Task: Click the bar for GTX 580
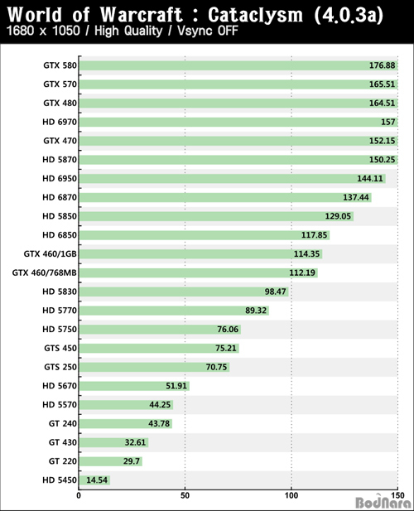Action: pyautogui.click(x=238, y=65)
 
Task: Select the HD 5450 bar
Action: pyautogui.click(x=94, y=480)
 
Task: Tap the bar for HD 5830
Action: pyautogui.click(x=184, y=292)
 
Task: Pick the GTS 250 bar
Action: pyautogui.click(x=154, y=367)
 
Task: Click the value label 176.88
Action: pyautogui.click(x=382, y=65)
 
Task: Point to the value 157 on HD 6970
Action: pyautogui.click(x=388, y=123)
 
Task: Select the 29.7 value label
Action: pyautogui.click(x=132, y=461)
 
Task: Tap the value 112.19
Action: pyautogui.click(x=302, y=272)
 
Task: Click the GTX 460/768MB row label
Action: pyautogui.click(x=45, y=272)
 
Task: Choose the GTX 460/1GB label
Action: pyautogui.click(x=51, y=253)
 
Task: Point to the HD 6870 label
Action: pyautogui.click(x=60, y=197)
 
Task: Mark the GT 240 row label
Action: pyautogui.click(x=63, y=423)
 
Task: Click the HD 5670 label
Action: pyautogui.click(x=60, y=386)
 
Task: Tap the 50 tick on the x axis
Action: pyautogui.click(x=185, y=496)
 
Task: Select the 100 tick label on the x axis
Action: pyautogui.click(x=291, y=496)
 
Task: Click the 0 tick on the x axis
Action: pyautogui.click(x=79, y=496)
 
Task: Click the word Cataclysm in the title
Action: pyautogui.click(x=255, y=15)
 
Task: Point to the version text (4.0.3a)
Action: pyautogui.click(x=349, y=15)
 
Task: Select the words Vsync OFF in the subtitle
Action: pyautogui.click(x=208, y=31)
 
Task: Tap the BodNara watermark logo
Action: pyautogui.click(x=383, y=503)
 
